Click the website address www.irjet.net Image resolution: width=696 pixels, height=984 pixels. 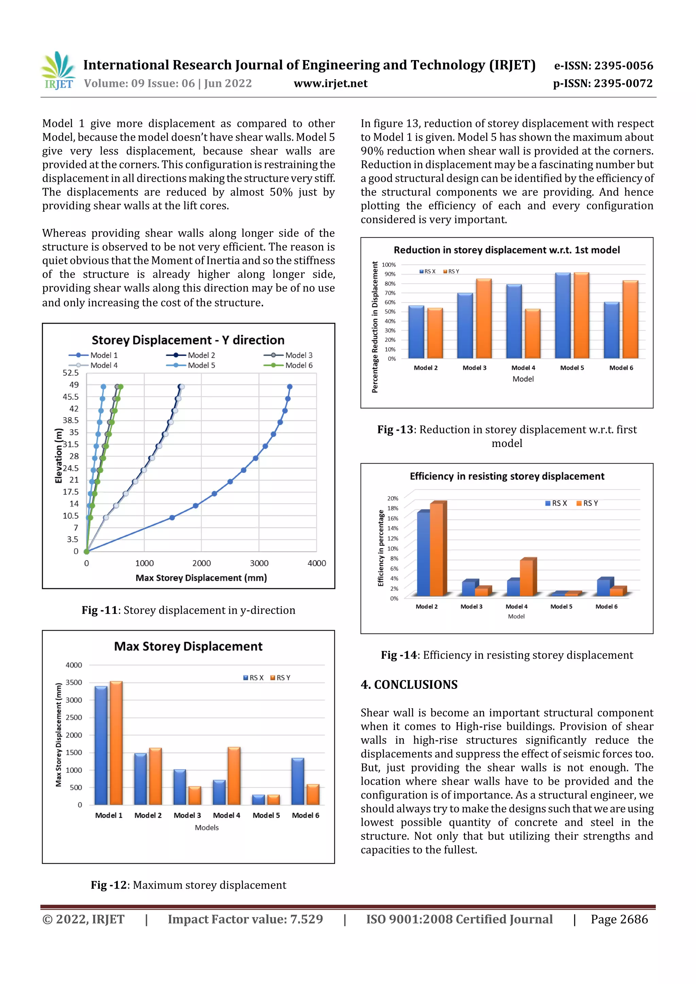click(330, 83)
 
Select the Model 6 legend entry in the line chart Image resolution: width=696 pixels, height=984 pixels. click(288, 365)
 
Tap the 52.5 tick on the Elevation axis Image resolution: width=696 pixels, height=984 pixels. click(71, 373)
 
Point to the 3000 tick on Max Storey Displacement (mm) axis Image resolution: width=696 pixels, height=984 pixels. click(259, 563)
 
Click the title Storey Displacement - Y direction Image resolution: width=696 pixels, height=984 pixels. click(188, 340)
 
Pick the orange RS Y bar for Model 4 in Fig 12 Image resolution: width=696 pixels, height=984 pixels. click(234, 775)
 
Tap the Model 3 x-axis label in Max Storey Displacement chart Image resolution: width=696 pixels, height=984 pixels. click(187, 815)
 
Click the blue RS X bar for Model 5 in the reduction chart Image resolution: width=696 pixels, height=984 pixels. click(563, 316)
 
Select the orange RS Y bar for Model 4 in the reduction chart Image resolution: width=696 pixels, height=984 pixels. click(532, 334)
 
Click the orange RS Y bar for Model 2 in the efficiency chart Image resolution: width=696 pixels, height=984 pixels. click(437, 549)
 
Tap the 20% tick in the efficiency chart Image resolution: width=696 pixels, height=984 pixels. click(393, 498)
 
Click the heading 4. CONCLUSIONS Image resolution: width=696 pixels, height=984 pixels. click(409, 684)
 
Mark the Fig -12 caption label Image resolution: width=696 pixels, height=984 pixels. click(109, 885)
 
